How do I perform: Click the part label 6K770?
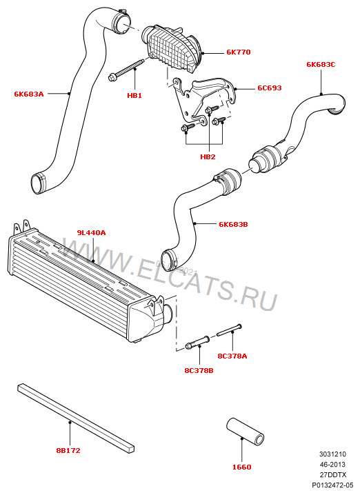coord(239,52)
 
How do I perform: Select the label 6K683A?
coord(29,94)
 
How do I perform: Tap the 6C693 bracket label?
coord(269,88)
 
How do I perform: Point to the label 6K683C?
coord(321,64)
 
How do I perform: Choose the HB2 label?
coord(208,157)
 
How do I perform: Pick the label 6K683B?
coord(233,224)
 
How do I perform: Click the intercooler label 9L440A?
coord(91,233)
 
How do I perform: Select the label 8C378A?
coord(232,356)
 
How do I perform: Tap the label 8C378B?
coord(199,370)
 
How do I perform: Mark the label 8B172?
coord(68,450)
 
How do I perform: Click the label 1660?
coord(242,467)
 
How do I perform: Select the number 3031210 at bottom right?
coord(332,454)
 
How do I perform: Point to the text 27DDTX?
coord(332,476)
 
